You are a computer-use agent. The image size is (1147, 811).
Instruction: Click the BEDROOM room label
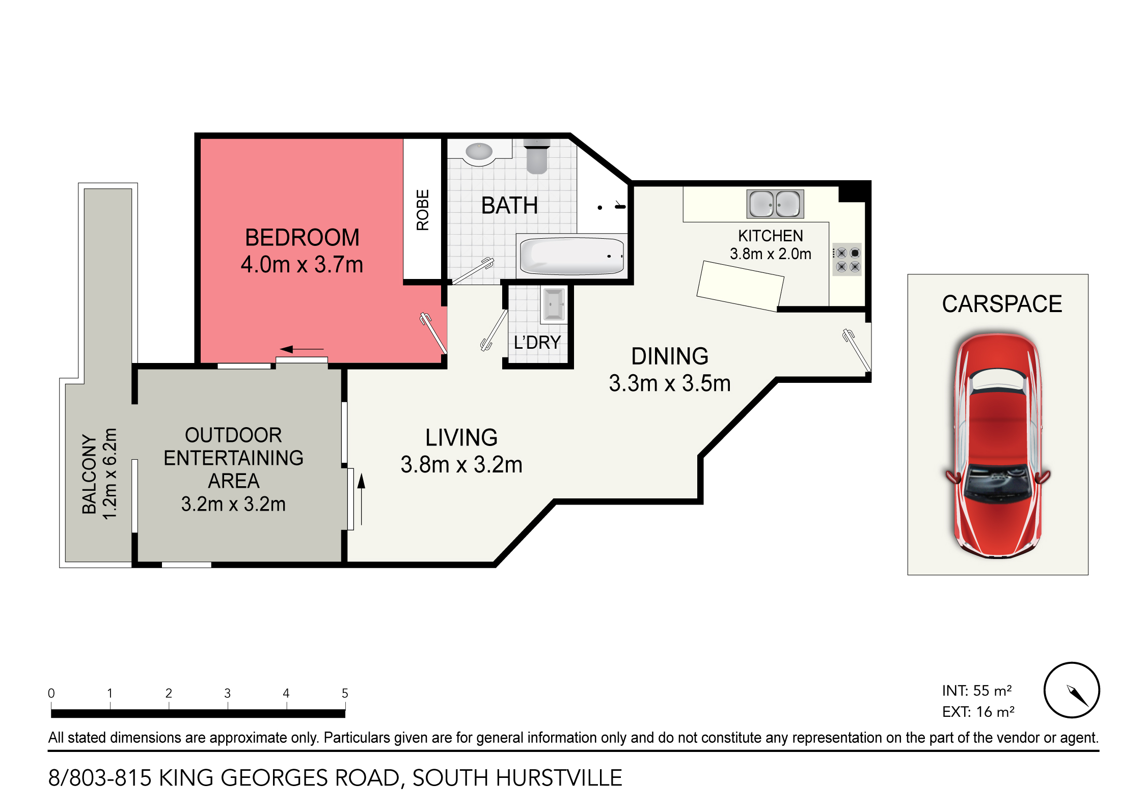click(x=302, y=238)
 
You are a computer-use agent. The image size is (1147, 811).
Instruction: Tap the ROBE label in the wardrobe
click(x=423, y=210)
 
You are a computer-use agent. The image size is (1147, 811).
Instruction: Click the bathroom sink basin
click(x=479, y=151)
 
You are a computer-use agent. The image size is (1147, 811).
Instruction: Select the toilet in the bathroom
click(x=536, y=158)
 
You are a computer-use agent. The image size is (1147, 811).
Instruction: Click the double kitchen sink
click(x=775, y=204)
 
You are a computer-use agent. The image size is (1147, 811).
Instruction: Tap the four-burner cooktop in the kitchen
click(x=848, y=260)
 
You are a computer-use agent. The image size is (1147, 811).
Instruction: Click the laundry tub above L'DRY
click(x=553, y=305)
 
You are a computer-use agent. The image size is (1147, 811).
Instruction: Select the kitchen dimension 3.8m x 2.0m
click(x=770, y=254)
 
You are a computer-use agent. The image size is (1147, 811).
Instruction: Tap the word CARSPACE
click(x=1001, y=304)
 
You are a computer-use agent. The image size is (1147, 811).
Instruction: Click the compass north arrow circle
click(x=1072, y=690)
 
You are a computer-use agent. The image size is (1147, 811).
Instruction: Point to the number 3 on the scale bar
click(x=227, y=693)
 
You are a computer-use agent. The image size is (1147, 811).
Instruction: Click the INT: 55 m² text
click(x=976, y=691)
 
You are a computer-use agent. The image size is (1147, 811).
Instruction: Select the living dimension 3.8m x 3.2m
click(x=461, y=465)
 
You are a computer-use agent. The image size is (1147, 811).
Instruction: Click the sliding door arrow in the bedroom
click(x=302, y=349)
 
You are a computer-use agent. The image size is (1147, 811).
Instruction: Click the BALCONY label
click(x=89, y=474)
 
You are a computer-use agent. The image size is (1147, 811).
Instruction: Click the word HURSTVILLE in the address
click(x=559, y=778)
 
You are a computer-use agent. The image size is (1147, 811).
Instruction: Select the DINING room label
click(x=669, y=356)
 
